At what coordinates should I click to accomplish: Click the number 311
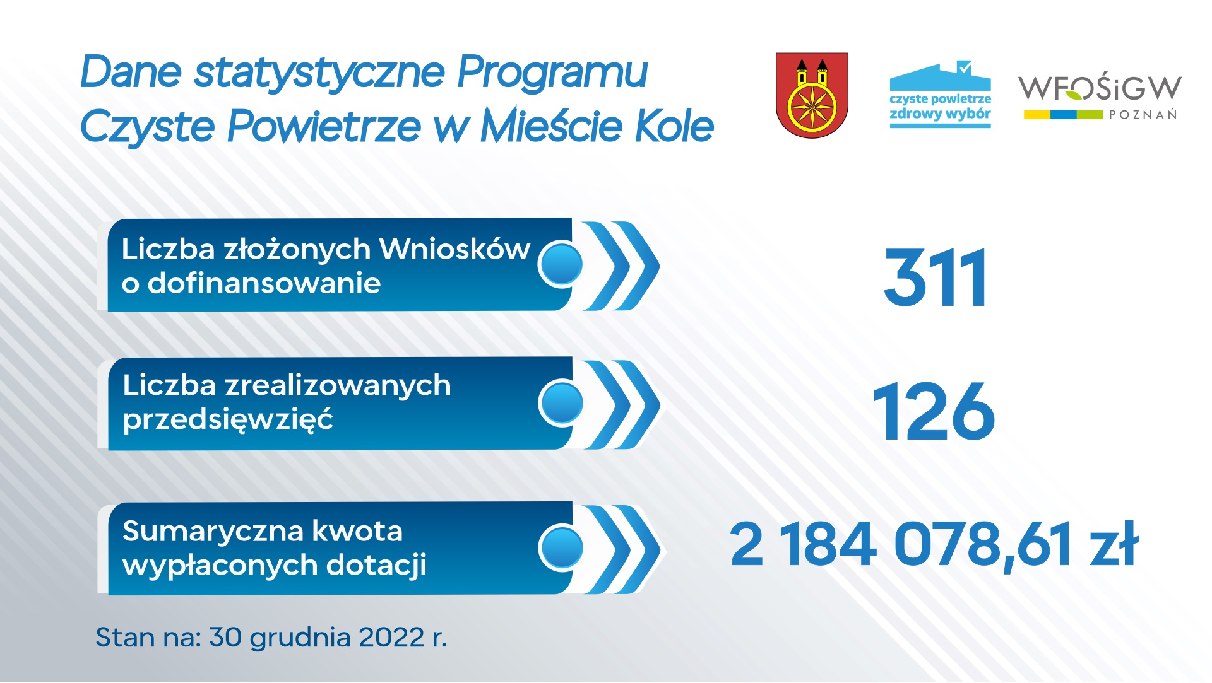point(935,277)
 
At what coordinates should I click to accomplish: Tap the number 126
point(934,412)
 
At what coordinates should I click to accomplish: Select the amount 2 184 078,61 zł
point(934,544)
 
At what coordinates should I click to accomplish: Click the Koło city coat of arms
point(812,95)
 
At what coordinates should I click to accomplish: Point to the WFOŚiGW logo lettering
point(1099,88)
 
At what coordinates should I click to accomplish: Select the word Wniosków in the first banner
point(454,249)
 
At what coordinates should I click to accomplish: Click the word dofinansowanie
point(264,283)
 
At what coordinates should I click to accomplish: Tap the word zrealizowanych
point(338,385)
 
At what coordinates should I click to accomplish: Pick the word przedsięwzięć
point(228,419)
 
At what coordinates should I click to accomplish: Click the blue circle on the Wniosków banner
point(561,264)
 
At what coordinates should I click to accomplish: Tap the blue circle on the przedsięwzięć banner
point(562,403)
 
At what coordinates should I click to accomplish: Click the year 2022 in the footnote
point(391,638)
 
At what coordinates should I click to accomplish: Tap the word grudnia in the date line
point(300,638)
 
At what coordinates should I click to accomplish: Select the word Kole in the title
point(674,126)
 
